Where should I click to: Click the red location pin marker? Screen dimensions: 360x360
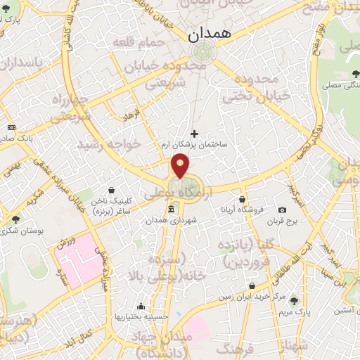181,166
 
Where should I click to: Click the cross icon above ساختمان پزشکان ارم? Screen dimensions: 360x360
195,133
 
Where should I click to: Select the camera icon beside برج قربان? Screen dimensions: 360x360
282,210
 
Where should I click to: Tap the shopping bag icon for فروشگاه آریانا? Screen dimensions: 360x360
242,200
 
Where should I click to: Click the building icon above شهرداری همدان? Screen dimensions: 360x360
172,210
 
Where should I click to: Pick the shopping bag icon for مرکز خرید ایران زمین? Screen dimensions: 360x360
252,286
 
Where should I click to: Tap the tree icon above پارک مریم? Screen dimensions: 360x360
293,300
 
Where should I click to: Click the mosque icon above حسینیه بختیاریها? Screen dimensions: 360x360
141,306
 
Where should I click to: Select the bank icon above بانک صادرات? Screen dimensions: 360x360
11,127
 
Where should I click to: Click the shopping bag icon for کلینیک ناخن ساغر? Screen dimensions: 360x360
112,189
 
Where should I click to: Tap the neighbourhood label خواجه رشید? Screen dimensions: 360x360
115,143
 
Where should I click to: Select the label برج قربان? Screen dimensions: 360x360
282,222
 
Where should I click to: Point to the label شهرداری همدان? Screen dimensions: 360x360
186,221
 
